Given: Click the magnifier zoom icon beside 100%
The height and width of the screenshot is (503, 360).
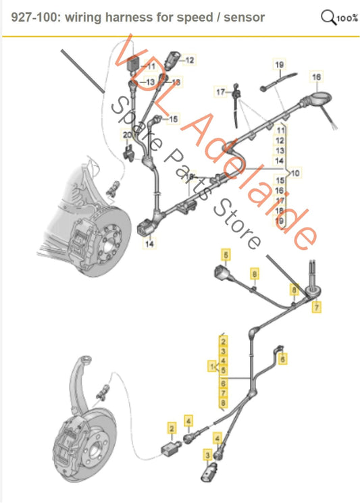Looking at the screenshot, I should [x=329, y=16].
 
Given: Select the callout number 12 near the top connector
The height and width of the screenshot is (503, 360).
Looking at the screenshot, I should [x=190, y=60].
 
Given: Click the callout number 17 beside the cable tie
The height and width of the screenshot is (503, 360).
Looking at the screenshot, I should [x=220, y=90].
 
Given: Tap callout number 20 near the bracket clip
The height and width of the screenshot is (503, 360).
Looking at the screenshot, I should [x=127, y=136].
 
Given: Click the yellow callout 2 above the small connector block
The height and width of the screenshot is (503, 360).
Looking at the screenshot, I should [x=172, y=428].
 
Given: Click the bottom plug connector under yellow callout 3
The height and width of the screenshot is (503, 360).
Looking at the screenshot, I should [x=209, y=473].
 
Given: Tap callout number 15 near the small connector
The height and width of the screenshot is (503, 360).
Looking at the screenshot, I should [x=174, y=119].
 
